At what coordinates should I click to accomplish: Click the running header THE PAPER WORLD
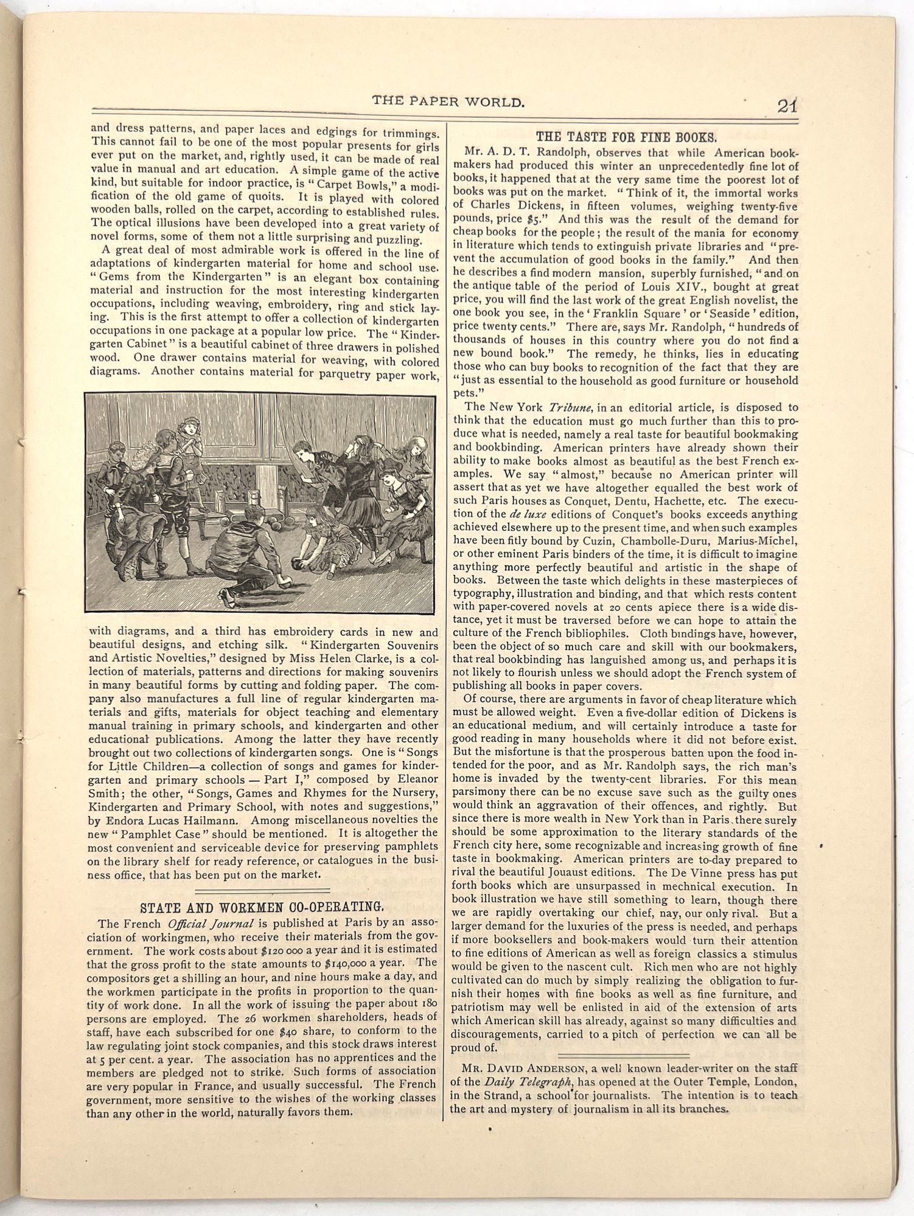[448, 102]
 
